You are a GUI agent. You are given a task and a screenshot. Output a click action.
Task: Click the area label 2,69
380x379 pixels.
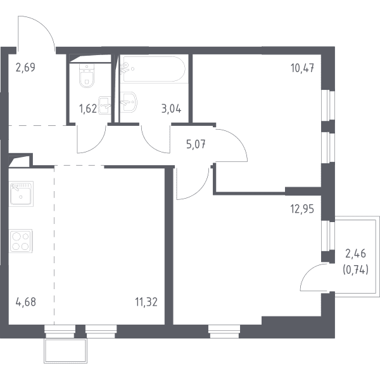[x=25, y=68]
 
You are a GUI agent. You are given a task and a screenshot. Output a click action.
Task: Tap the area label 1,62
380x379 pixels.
[x=88, y=109]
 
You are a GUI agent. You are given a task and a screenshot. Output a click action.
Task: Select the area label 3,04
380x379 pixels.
[x=172, y=109]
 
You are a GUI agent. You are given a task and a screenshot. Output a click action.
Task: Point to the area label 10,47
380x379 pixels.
[x=303, y=68]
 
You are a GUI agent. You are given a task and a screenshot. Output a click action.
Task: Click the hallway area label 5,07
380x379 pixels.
[x=196, y=144]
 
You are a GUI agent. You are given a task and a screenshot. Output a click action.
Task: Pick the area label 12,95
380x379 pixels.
[x=302, y=209]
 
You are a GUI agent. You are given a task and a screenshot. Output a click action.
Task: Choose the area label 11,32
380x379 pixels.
[x=146, y=302]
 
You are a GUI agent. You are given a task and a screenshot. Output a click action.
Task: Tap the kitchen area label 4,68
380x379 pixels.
[x=26, y=302]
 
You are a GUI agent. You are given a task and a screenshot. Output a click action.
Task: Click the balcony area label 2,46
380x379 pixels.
[x=355, y=254]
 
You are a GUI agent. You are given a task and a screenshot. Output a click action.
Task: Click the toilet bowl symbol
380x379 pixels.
[x=87, y=75]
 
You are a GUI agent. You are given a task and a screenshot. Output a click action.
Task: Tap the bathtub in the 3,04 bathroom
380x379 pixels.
[x=153, y=69]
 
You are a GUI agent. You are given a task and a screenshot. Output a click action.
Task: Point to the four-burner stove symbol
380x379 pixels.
[x=21, y=241]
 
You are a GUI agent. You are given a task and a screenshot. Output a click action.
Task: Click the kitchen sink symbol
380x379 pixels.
[x=21, y=194]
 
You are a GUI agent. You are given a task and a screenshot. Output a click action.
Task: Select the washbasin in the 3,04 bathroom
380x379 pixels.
[x=129, y=102]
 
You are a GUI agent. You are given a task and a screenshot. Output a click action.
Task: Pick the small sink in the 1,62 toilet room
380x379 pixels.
[x=104, y=105]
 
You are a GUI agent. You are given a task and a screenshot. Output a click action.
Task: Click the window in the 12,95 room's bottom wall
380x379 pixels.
[x=224, y=332]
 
